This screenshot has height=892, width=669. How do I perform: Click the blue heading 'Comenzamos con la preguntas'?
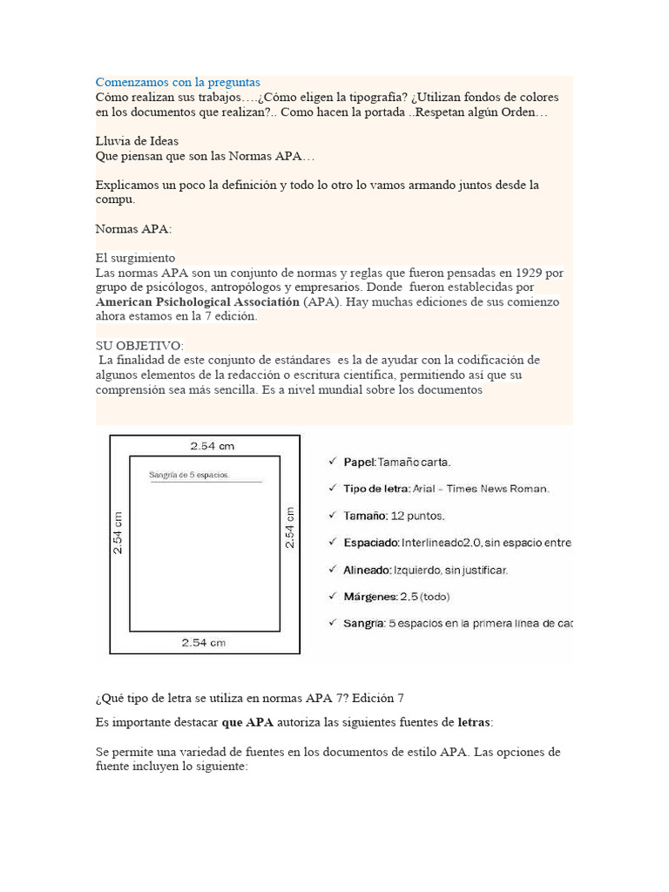click(x=178, y=82)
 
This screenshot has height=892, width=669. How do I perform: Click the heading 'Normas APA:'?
click(x=133, y=229)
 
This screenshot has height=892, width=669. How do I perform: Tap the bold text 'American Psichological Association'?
click(x=197, y=301)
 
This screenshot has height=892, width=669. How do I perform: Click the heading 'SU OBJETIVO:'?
click(x=139, y=346)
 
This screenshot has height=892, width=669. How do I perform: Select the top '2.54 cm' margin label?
click(x=213, y=446)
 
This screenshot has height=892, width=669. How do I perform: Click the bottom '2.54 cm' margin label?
click(x=203, y=643)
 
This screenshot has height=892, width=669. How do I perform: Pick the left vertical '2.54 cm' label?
click(x=118, y=532)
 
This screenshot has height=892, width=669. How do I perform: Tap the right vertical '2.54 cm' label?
click(x=290, y=526)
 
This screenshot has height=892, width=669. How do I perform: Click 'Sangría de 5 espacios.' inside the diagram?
click(x=189, y=475)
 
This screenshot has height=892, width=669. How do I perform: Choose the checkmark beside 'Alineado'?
click(x=333, y=569)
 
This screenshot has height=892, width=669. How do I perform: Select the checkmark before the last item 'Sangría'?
click(x=333, y=623)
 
